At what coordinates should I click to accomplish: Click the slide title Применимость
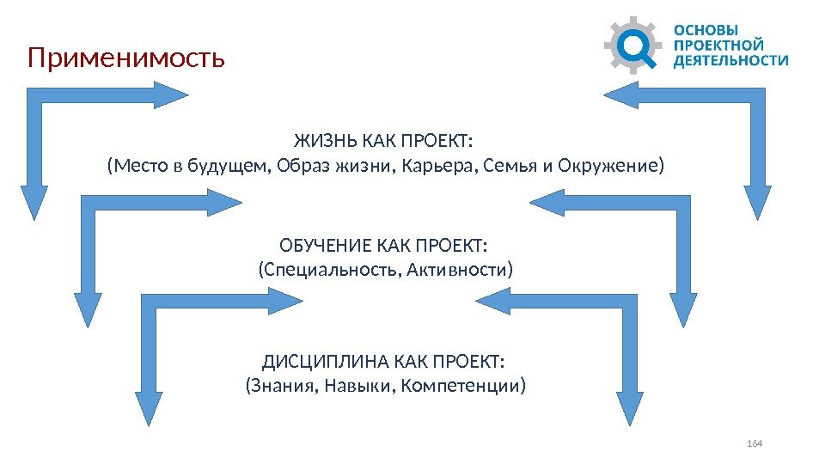click(126, 58)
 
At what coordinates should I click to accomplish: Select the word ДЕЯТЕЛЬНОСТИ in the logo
click(730, 60)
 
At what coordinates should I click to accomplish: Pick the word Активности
click(464, 272)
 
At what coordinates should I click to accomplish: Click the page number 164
click(755, 443)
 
